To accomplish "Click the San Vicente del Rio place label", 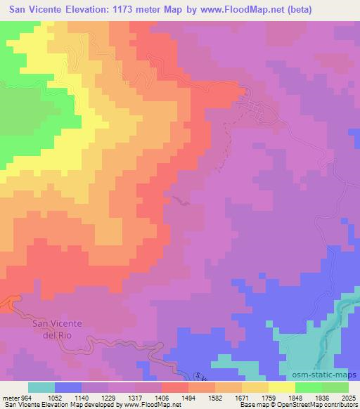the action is coord(58,328).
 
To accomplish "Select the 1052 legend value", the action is coord(54,396).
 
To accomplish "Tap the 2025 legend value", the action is coord(348,396).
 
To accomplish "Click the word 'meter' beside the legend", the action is coord(10,396).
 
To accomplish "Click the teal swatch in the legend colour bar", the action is coord(41,387).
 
